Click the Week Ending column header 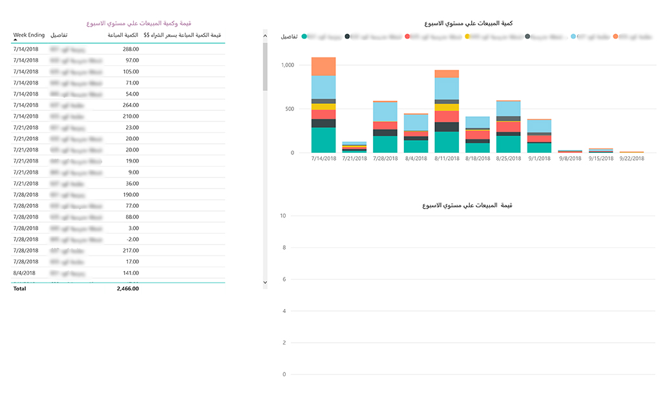coord(28,35)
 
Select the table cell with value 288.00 coord(131,49)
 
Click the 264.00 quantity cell coord(131,105)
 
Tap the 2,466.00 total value coord(127,289)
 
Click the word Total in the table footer coord(20,289)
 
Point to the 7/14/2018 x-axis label coord(323,158)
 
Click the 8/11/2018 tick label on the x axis coord(447,158)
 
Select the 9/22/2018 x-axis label coord(632,158)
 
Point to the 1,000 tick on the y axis coord(288,65)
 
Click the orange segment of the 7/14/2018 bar coord(323,66)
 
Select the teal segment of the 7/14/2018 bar coord(323,140)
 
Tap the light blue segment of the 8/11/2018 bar coord(447,88)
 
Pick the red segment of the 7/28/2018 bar coord(385,126)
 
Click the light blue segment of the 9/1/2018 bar coord(539,126)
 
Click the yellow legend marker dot coord(467,37)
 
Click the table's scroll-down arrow coord(265,282)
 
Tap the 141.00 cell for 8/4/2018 coord(131,273)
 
